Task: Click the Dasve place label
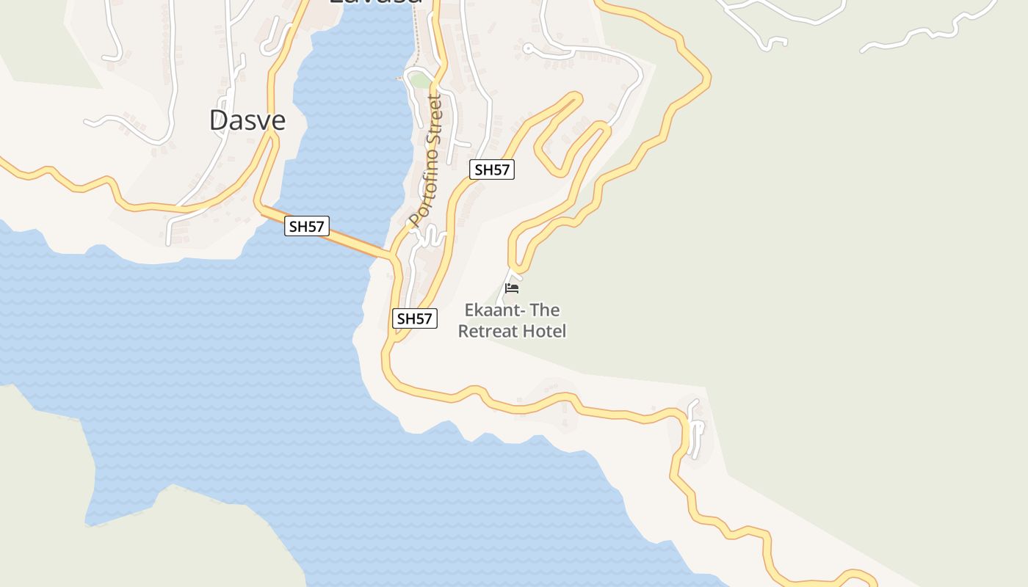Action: click(247, 120)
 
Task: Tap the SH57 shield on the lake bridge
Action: click(307, 226)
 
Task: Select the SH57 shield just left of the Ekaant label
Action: click(415, 318)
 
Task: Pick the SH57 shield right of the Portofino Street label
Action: click(492, 169)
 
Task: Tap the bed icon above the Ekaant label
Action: click(512, 288)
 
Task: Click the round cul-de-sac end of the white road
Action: click(526, 48)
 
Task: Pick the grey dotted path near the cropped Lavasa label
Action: click(416, 44)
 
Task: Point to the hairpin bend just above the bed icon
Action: click(516, 260)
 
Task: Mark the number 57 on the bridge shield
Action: click(315, 226)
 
